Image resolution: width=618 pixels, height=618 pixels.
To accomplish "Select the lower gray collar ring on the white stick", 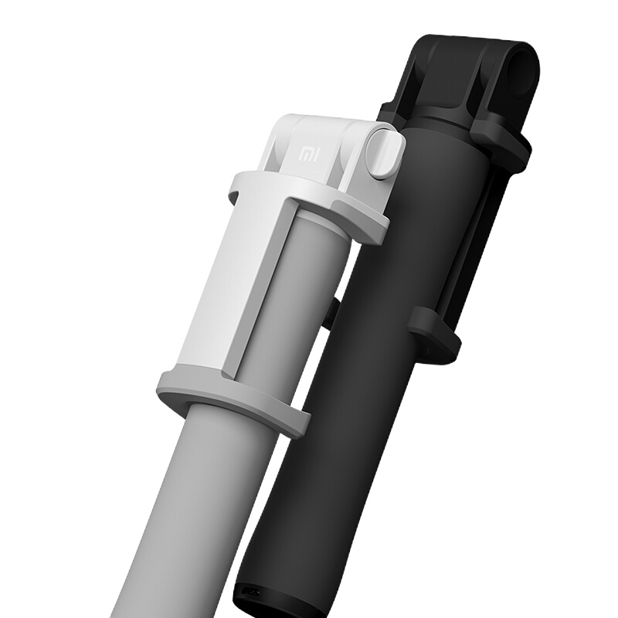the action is click(233, 398).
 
